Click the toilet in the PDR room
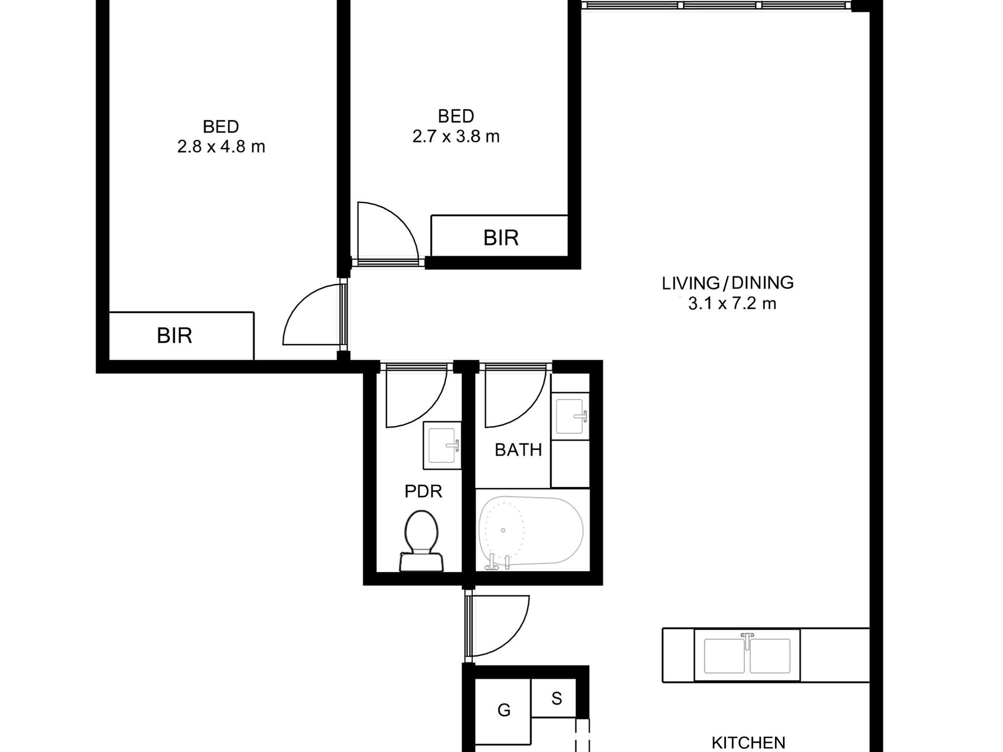[x=422, y=540]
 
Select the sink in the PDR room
[x=442, y=445]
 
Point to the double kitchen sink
[x=747, y=655]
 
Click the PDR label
[x=423, y=491]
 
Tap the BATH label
[x=518, y=450]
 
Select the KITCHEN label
[x=748, y=743]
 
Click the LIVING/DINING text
[x=727, y=283]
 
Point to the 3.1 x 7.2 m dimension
[x=732, y=303]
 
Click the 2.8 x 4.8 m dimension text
[x=221, y=146]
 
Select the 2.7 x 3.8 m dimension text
[x=456, y=136]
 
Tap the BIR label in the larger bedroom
[x=174, y=336]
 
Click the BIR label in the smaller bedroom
[x=501, y=238]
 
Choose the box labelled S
[x=556, y=698]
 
